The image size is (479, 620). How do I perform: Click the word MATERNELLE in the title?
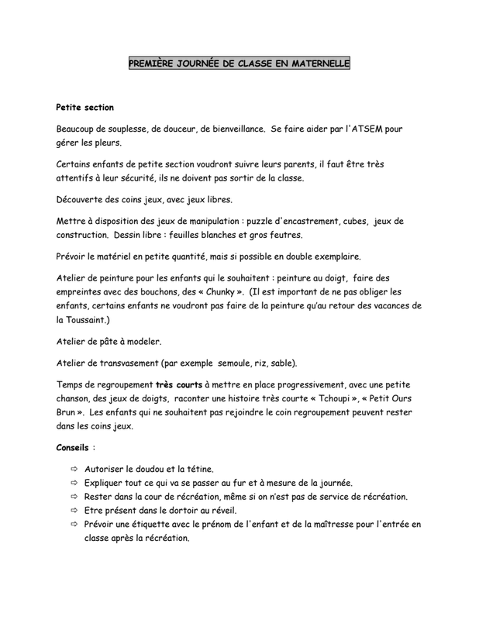pyautogui.click(x=317, y=66)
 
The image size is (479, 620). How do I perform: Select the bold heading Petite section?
pyautogui.click(x=86, y=106)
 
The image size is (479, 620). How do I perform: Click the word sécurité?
pyautogui.click(x=152, y=177)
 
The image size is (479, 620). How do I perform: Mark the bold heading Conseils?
pyautogui.click(x=73, y=448)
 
